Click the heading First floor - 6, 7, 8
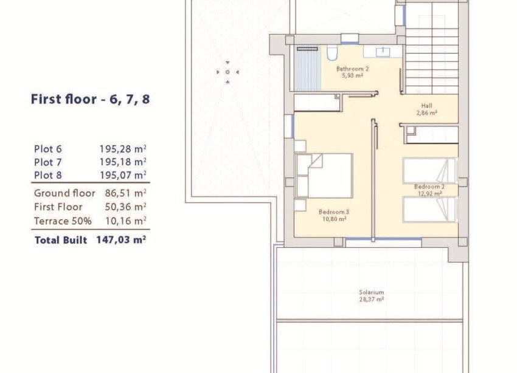point(90,100)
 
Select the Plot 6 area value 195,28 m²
point(123,148)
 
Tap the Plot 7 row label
point(48,162)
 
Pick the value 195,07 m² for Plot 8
point(123,176)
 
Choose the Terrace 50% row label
point(63,221)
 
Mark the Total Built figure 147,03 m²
point(120,240)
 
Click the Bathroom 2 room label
point(352,69)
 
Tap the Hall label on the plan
point(426,105)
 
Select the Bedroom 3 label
point(334,212)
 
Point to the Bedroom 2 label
point(429,187)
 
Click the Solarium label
point(371,293)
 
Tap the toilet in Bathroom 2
point(331,53)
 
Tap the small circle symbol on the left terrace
point(227,72)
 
